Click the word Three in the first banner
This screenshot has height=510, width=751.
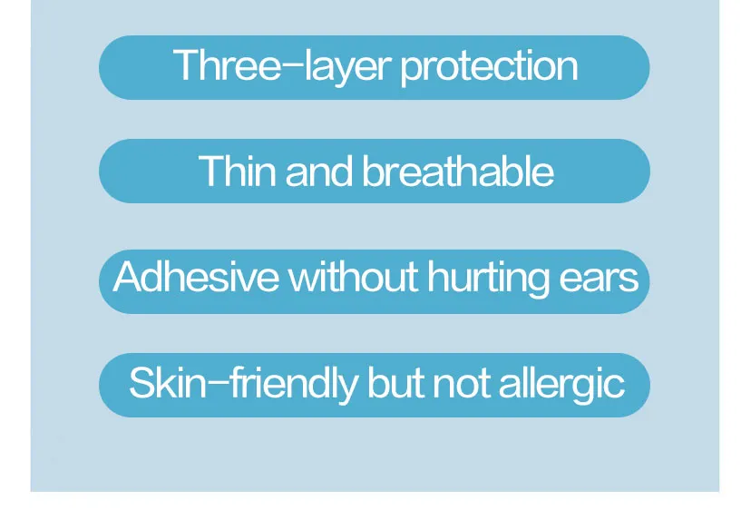tap(227, 66)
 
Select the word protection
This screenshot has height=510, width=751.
tap(489, 68)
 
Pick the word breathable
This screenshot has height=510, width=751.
tap(458, 172)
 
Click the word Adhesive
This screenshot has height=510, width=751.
tap(196, 277)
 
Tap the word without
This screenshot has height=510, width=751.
tap(354, 277)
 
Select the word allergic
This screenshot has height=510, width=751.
tap(561, 385)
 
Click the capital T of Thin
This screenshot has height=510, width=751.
tap(210, 172)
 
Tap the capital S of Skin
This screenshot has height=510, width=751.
tap(141, 383)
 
